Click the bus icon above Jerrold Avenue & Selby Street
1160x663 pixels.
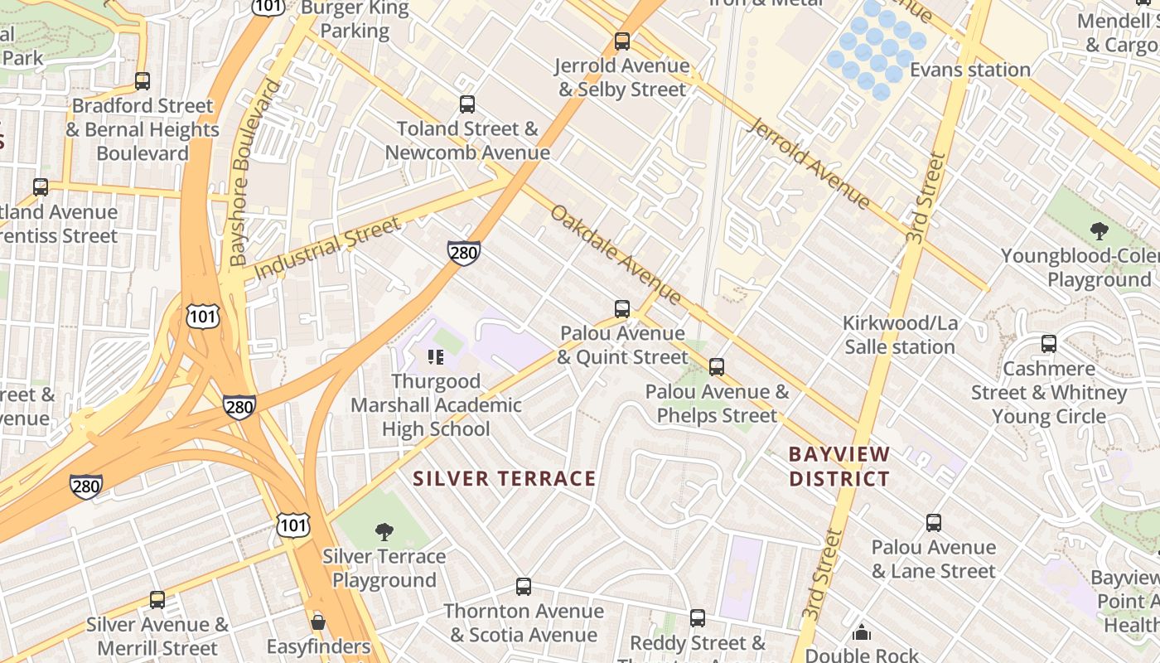point(622,41)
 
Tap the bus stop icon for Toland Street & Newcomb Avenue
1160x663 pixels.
point(467,104)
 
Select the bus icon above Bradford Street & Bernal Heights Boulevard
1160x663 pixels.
point(143,81)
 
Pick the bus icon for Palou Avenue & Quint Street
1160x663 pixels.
point(622,309)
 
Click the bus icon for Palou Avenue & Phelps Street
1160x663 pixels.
point(717,366)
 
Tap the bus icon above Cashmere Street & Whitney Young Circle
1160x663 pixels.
point(1049,344)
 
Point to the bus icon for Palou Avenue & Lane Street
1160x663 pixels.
point(934,523)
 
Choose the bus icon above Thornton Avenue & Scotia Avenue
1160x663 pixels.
point(524,587)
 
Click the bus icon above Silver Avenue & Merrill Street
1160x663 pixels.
point(157,600)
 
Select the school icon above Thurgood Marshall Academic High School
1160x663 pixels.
point(436,357)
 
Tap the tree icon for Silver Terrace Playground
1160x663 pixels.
point(384,531)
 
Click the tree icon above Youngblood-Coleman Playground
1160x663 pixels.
point(1100,231)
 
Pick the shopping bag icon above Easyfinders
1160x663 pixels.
point(318,622)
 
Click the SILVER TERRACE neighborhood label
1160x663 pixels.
point(505,478)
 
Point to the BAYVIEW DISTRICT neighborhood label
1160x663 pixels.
point(839,466)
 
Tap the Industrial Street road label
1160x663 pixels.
point(327,247)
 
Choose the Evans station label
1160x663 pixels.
point(970,70)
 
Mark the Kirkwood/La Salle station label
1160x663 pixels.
point(900,335)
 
